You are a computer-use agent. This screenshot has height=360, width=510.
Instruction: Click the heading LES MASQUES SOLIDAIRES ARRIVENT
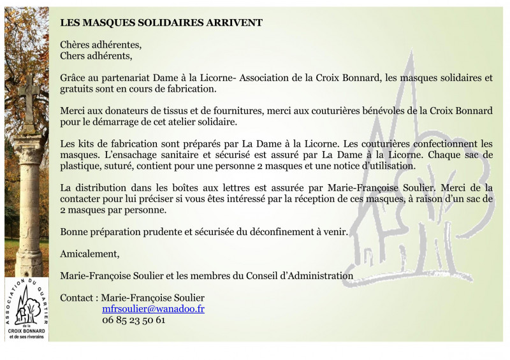click(161, 22)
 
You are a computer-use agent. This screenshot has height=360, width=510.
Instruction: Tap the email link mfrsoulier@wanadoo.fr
click(153, 309)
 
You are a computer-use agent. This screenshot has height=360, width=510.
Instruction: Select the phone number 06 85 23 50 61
click(133, 320)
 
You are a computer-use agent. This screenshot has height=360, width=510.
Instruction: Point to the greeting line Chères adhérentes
click(101, 45)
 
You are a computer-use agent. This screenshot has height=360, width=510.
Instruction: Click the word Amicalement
click(89, 254)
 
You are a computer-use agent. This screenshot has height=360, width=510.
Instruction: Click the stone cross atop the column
click(28, 96)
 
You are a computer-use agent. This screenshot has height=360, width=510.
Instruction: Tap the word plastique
click(79, 166)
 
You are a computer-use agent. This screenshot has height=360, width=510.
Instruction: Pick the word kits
click(86, 143)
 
